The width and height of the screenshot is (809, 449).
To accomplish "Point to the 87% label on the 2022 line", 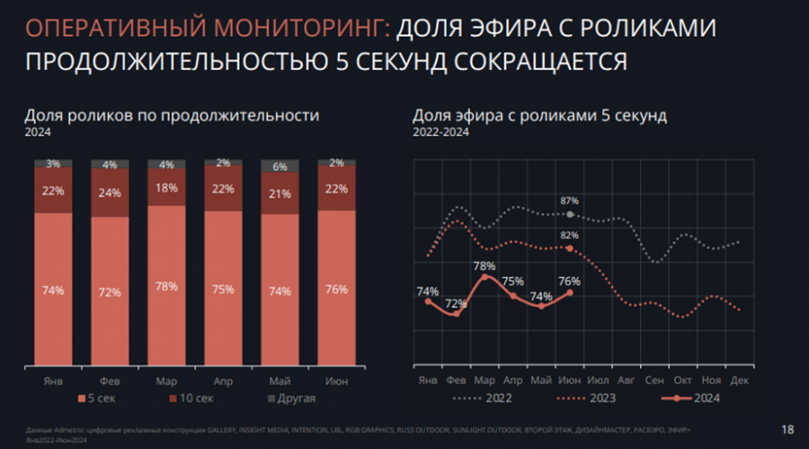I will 569,201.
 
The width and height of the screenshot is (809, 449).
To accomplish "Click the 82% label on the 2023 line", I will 569,236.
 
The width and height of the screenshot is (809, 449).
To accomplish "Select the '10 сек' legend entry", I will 191,398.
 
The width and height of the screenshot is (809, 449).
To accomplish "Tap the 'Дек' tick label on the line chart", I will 739,381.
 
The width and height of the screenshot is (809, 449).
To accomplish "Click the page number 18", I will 787,427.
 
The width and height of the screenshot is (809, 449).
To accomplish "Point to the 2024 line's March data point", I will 485,277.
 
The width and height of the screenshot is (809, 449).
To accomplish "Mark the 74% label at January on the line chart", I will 428,291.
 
